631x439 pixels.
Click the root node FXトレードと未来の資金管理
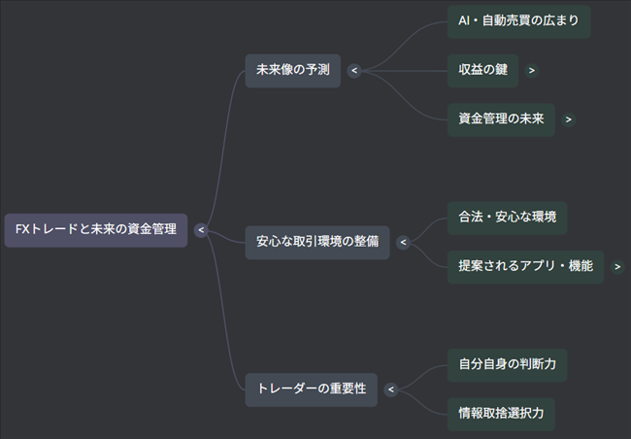[x=95, y=230]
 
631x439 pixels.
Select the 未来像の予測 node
[x=292, y=70]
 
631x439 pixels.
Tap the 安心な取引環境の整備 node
[x=316, y=242]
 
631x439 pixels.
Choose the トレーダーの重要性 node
[x=311, y=388]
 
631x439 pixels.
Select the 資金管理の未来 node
[x=500, y=119]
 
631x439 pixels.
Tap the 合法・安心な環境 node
[x=507, y=218]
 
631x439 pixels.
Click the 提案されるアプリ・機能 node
[x=525, y=266]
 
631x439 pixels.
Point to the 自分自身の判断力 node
[x=507, y=365]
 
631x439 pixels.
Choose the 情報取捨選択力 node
[x=507, y=413]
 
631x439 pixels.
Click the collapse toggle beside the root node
[x=200, y=230]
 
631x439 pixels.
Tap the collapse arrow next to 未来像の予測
[x=354, y=70]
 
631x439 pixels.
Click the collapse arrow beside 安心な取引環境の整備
[x=403, y=242]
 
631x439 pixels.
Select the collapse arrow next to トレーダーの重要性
[x=391, y=389]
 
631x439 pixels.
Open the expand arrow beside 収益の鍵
[x=532, y=70]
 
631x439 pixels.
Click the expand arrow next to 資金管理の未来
[x=568, y=119]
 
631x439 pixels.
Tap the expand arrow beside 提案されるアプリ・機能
[x=617, y=266]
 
